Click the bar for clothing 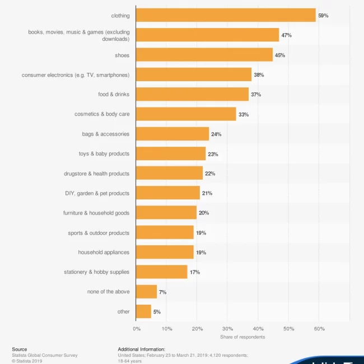click(226, 15)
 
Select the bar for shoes click(204, 55)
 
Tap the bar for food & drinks click(192, 94)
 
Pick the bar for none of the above click(146, 292)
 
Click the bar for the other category click(143, 311)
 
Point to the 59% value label click(323, 16)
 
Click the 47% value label click(286, 35)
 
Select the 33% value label click(244, 114)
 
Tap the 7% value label click(162, 292)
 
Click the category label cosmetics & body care click(102, 114)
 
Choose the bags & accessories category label click(105, 134)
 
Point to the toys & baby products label click(104, 153)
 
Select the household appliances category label click(104, 252)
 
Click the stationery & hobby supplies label click(96, 272)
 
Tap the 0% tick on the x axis click(137, 329)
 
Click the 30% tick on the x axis click(228, 329)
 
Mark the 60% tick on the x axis click(319, 329)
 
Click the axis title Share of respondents click(242, 337)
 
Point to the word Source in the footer click(20, 349)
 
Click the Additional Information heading click(141, 349)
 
